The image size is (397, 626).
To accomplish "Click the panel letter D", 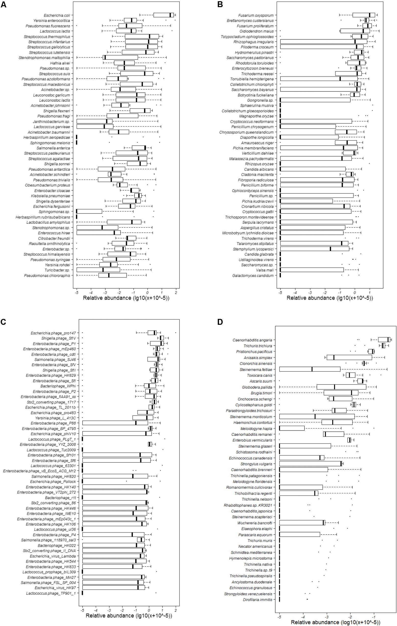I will pyautogui.click(x=220, y=322).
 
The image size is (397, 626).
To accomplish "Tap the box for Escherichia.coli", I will pyautogui.click(x=164, y=15).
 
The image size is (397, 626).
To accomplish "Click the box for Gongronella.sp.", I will pyautogui.click(x=315, y=100).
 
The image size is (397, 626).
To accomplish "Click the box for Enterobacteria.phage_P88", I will pyautogui.click(x=115, y=423).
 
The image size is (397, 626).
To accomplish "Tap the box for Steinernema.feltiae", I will pyautogui.click(x=310, y=369).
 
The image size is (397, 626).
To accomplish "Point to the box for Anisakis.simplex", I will pyautogui.click(x=349, y=357).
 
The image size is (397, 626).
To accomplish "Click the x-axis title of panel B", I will pyautogui.click(x=330, y=298).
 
